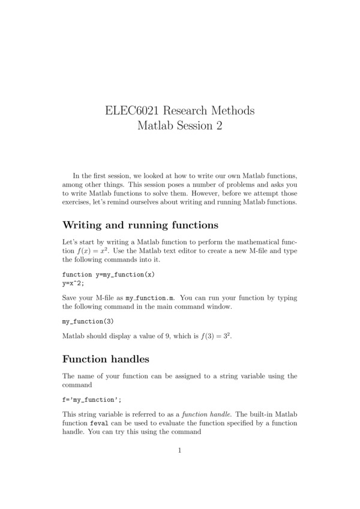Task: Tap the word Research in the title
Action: click(186, 111)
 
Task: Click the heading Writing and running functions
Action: click(140, 225)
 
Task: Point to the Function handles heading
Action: click(106, 359)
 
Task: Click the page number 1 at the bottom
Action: click(179, 451)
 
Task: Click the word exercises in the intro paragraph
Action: click(77, 201)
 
